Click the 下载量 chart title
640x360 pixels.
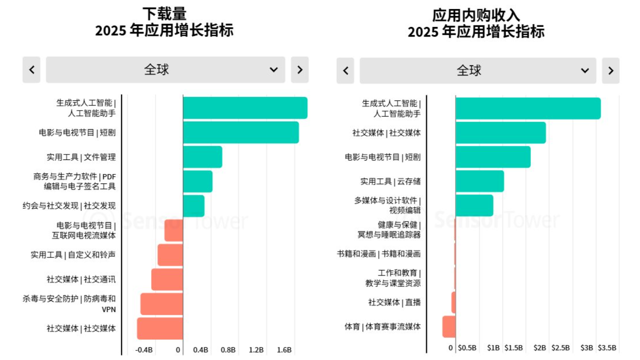pos(164,13)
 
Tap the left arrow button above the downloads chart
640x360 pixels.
pos(31,70)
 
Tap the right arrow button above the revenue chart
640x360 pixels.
pos(610,70)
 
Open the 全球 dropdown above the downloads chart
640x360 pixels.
pos(165,70)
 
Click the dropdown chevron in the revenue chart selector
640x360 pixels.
pos(584,70)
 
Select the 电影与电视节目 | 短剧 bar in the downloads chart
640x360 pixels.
pos(240,132)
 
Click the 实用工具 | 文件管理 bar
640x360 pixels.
pos(202,157)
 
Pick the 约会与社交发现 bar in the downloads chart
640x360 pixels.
pos(193,205)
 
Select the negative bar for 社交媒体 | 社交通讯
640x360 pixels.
pos(167,279)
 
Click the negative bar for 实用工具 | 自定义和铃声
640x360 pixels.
pos(170,255)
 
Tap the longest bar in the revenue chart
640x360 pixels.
pos(528,108)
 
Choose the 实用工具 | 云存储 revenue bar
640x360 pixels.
pos(479,181)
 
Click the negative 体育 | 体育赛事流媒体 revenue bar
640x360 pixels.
pos(448,326)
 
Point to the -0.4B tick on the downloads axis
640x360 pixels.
pos(144,349)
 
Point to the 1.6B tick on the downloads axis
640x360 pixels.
pos(284,349)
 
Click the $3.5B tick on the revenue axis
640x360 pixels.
pos(607,347)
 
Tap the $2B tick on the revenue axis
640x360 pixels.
pos(540,347)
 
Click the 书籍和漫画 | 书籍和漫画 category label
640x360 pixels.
pos(378,254)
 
